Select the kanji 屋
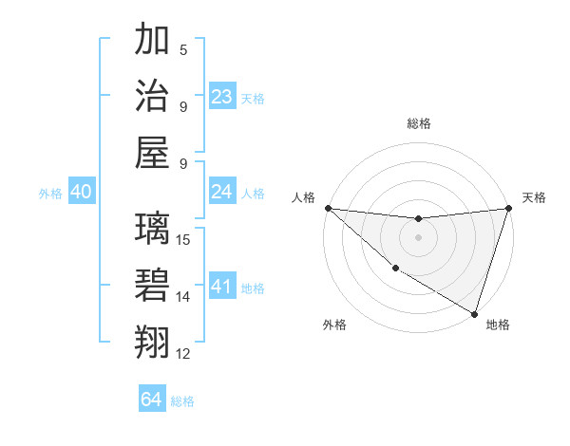point(153,151)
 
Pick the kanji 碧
point(153,285)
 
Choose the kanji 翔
point(153,341)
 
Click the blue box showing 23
point(222,97)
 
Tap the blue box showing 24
point(222,192)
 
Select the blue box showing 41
point(222,287)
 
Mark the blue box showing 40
point(81,192)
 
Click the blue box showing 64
point(152,400)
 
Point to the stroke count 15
point(184,239)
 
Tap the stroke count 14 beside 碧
point(184,296)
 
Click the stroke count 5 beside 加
point(184,49)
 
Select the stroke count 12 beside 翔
point(184,353)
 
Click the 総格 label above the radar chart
point(418,123)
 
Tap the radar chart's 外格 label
point(334,325)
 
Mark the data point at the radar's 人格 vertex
point(328,208)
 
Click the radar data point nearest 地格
point(474,313)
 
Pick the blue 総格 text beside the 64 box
point(182,401)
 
